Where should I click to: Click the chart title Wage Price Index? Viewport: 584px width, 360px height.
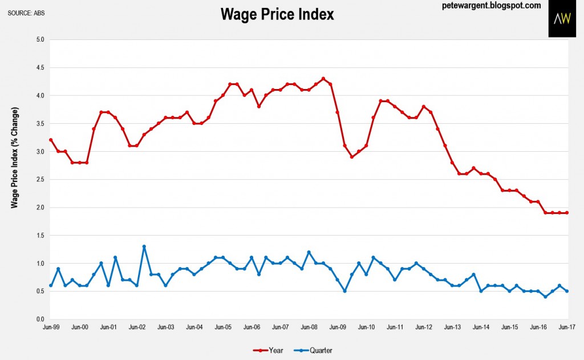[277, 15]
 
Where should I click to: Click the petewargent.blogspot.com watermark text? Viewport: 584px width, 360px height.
[491, 6]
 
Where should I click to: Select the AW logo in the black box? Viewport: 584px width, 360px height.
[562, 19]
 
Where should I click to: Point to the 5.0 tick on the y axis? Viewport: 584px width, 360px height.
[40, 40]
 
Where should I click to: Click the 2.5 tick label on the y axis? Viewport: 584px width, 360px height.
[40, 180]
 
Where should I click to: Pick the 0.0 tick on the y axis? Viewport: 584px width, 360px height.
[40, 319]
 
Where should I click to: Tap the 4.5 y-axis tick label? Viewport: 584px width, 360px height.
[40, 68]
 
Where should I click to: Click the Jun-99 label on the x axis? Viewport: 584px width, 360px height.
[51, 327]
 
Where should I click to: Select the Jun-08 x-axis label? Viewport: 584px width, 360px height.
[309, 327]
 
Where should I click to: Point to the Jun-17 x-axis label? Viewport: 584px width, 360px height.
[567, 327]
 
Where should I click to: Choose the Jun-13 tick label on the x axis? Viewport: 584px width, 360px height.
[452, 327]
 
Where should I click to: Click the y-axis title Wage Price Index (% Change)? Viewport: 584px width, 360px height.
[15, 157]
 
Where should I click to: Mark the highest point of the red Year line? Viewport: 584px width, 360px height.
[323, 79]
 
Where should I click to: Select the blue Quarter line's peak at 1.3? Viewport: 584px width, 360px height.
[144, 246]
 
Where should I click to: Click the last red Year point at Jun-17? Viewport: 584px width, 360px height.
[567, 213]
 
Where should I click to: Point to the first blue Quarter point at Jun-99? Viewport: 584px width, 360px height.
[51, 286]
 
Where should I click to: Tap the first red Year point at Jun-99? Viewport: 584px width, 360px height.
[51, 140]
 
